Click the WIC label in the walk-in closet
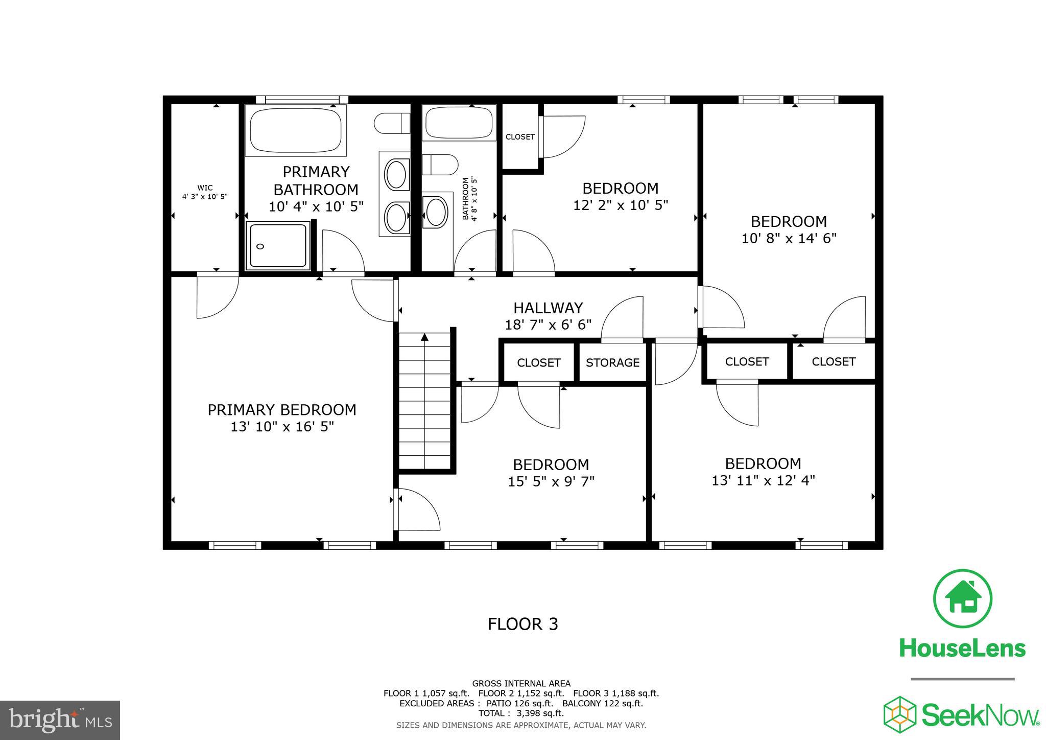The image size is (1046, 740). tap(205, 188)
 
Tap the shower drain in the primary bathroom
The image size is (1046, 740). tap(260, 246)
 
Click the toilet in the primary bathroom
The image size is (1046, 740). tap(392, 124)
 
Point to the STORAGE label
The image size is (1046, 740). tap(612, 362)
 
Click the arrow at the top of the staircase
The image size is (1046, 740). tap(424, 337)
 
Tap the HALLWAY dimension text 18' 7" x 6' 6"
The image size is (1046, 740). tap(548, 325)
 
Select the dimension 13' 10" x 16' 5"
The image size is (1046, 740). tap(282, 426)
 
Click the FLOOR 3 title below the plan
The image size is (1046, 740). tap(522, 624)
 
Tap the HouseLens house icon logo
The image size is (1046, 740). tap(962, 598)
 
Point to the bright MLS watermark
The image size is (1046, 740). tap(60, 720)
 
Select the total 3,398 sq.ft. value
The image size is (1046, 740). tap(541, 713)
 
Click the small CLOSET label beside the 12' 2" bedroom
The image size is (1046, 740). tap(520, 137)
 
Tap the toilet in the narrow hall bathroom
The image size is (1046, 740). tap(440, 165)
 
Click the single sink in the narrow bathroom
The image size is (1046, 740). tap(436, 213)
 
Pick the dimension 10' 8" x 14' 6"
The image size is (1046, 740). tap(789, 238)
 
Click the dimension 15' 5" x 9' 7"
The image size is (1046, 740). tap(551, 481)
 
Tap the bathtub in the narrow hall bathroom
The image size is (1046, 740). tap(458, 123)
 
